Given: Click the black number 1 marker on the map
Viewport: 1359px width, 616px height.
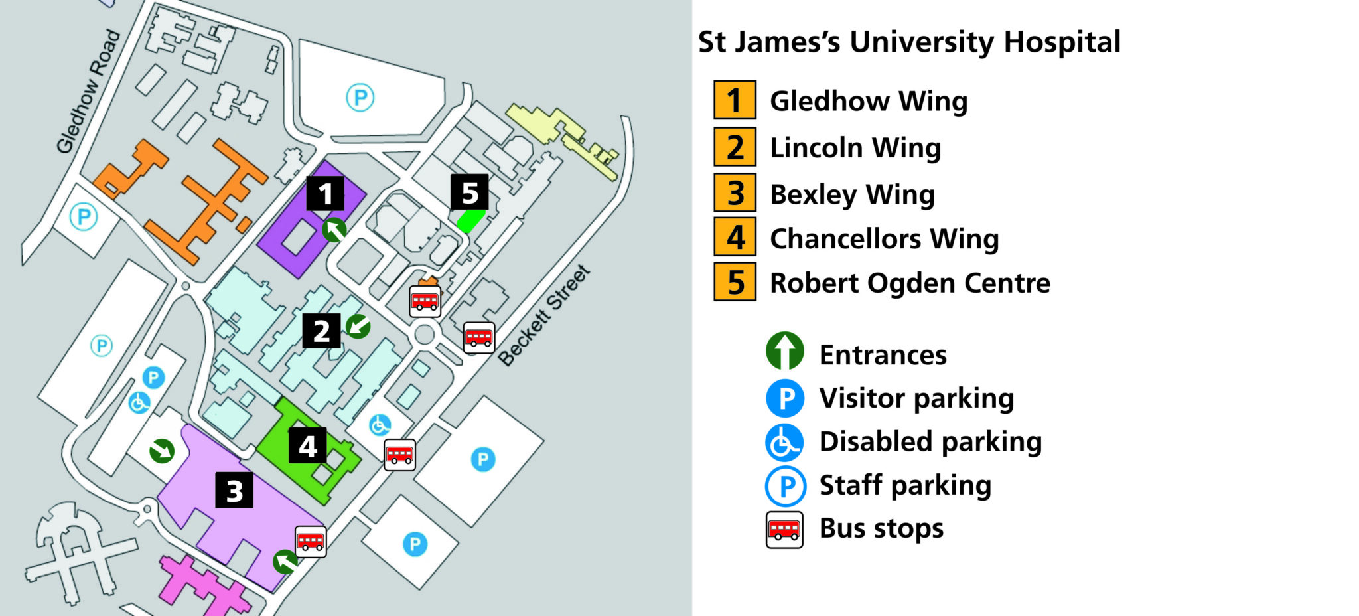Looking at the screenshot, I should click(325, 194).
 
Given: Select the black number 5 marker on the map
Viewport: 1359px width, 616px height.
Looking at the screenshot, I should click(470, 193).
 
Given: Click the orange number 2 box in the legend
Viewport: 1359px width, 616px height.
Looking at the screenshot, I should click(735, 147).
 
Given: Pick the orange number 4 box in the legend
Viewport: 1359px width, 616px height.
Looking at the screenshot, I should click(735, 237).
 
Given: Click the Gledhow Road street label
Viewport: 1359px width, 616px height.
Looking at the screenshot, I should click(88, 92).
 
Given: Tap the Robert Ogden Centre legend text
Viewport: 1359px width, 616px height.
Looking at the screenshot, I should click(910, 283).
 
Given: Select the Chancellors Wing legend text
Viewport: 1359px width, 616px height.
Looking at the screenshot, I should click(884, 238).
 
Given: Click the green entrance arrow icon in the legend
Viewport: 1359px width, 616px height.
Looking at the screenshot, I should click(784, 351).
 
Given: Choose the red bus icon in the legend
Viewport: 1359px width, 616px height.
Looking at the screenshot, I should click(784, 530).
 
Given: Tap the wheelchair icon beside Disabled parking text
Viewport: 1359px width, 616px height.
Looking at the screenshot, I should click(784, 442).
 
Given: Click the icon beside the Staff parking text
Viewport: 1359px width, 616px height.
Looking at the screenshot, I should click(785, 486).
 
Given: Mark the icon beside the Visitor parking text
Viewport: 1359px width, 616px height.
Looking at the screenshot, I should click(785, 398).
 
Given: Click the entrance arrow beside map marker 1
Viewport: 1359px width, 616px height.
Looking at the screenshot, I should click(334, 230).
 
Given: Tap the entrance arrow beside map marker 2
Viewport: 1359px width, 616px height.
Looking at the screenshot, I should click(358, 326).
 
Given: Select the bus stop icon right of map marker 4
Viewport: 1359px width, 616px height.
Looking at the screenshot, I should click(399, 455).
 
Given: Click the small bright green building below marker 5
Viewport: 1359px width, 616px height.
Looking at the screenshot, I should click(470, 220).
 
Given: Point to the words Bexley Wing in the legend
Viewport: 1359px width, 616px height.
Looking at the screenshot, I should click(852, 194).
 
